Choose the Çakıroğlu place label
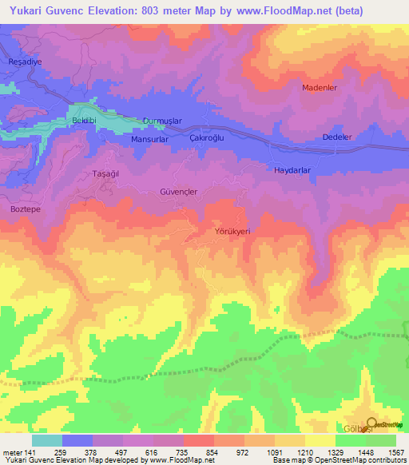coord(209,137)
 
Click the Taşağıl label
coord(106,173)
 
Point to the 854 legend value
coord(198,452)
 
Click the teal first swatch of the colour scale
coord(47,440)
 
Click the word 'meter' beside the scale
coord(12,452)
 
